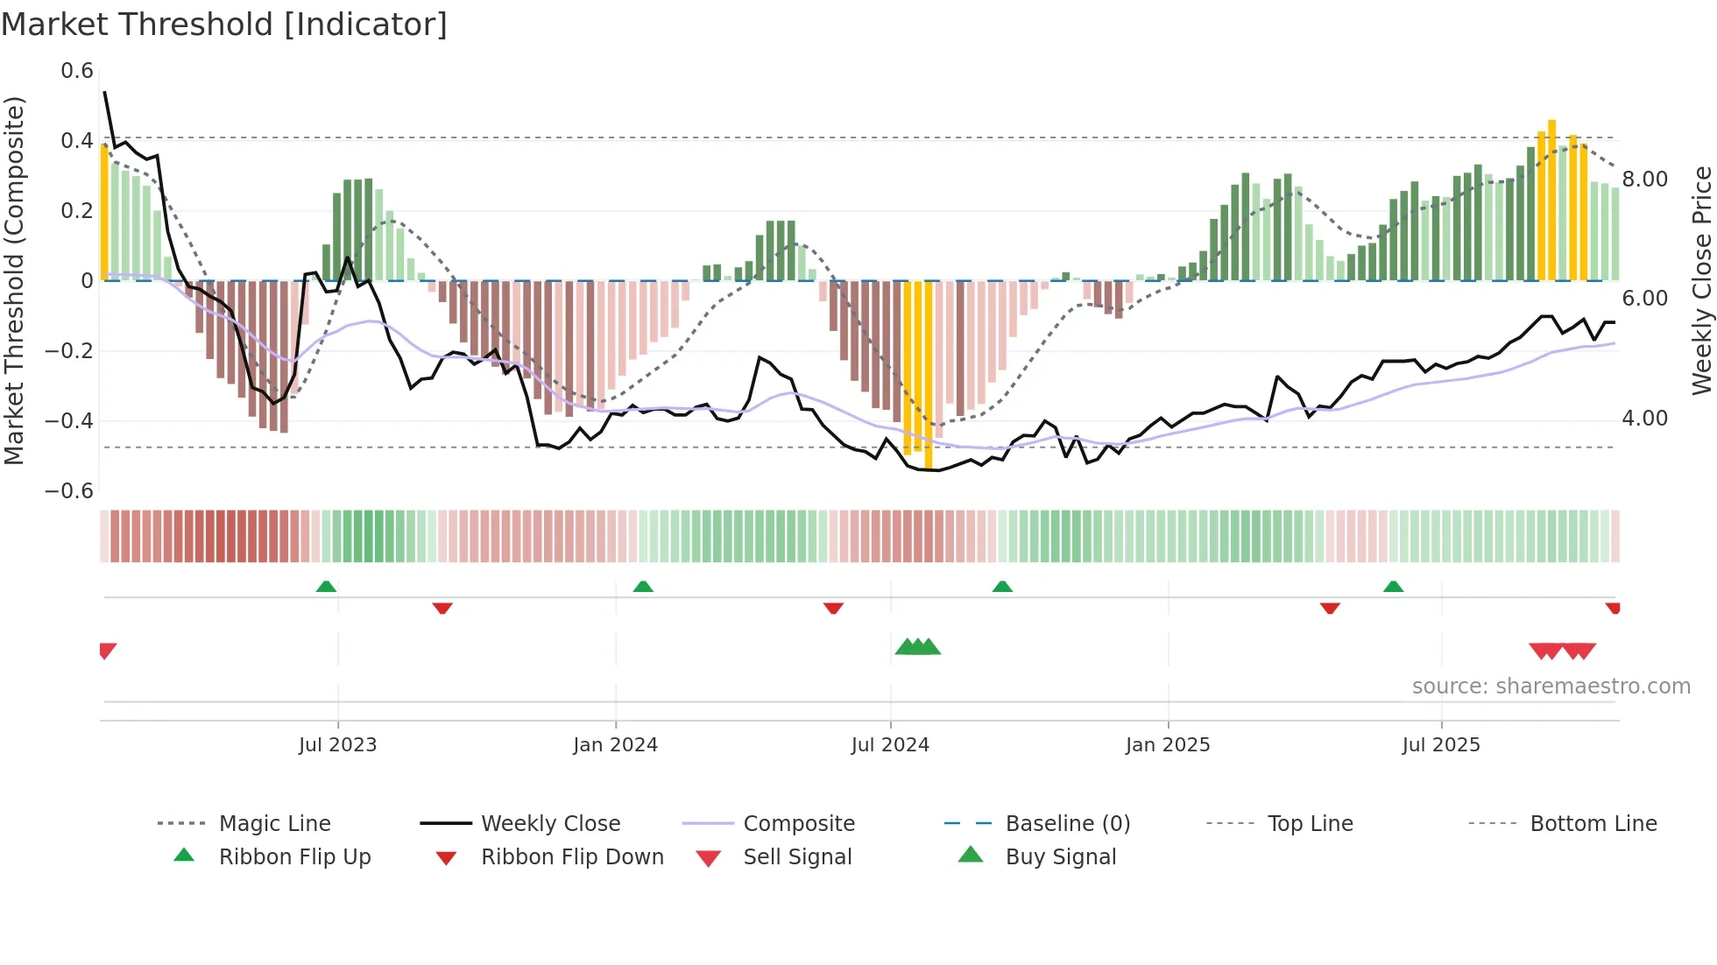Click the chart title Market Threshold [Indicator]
click(224, 25)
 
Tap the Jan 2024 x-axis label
click(615, 744)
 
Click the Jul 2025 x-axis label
click(1440, 744)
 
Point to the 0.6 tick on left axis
click(77, 71)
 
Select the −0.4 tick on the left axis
click(69, 420)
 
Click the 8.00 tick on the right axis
click(1644, 180)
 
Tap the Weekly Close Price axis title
click(1701, 280)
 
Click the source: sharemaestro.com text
click(1551, 687)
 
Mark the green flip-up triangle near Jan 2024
click(643, 587)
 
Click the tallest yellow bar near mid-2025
click(1551, 200)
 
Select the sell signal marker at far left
click(107, 651)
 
